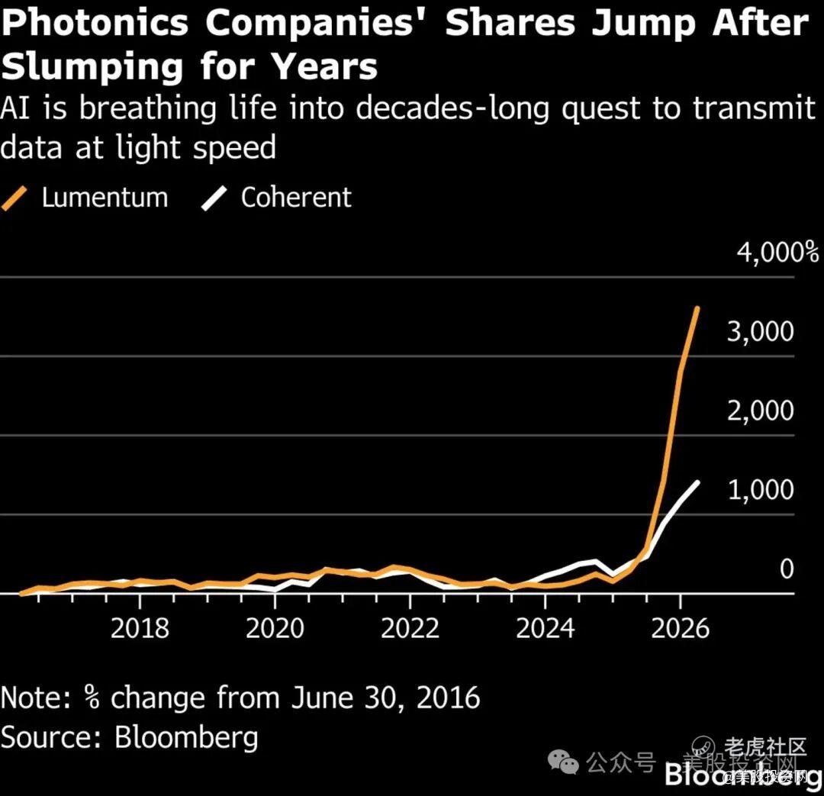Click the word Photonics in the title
(x=95, y=23)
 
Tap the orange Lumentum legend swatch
(x=14, y=198)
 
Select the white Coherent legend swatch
(x=214, y=198)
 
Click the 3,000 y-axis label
(x=760, y=332)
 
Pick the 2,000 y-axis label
(x=760, y=411)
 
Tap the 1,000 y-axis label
(x=760, y=490)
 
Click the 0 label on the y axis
(x=786, y=569)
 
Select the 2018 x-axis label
(x=140, y=628)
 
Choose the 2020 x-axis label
(x=275, y=628)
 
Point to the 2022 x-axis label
(x=410, y=628)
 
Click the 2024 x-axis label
(x=545, y=628)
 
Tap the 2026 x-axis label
(x=680, y=628)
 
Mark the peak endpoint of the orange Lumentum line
(x=697, y=308)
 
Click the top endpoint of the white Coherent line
(x=697, y=482)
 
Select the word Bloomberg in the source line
(x=187, y=737)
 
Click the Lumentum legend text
(x=105, y=198)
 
